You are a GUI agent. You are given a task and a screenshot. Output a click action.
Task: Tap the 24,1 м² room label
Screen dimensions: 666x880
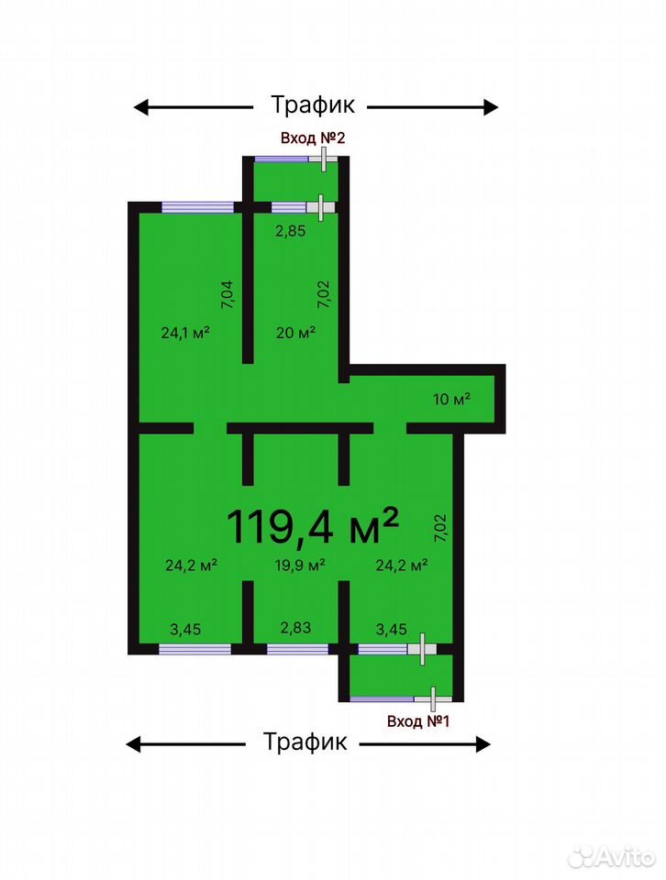click(x=185, y=333)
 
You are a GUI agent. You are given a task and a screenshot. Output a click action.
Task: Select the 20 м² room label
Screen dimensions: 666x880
click(x=296, y=333)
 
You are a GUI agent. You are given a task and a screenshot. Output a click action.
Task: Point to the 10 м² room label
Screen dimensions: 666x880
click(x=451, y=399)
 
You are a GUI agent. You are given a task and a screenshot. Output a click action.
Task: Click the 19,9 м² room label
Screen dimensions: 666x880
click(x=300, y=565)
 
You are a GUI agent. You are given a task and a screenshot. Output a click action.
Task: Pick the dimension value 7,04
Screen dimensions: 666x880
click(x=228, y=294)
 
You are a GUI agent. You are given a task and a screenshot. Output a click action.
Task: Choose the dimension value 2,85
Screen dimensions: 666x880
click(x=290, y=231)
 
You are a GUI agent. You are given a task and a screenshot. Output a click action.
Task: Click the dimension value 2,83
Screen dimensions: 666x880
click(x=295, y=627)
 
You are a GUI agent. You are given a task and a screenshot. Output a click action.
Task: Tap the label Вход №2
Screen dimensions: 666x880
click(x=312, y=138)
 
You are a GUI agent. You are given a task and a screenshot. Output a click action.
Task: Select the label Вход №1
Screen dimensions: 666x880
click(x=418, y=721)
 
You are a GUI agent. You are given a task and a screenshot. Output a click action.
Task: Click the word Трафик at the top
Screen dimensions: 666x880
click(x=313, y=104)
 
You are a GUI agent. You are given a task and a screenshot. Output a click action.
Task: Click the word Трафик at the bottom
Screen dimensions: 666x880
click(x=305, y=742)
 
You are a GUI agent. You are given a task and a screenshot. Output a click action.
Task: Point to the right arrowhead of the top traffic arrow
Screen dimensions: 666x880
click(x=491, y=106)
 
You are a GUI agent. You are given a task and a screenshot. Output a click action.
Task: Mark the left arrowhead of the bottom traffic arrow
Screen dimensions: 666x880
click(x=134, y=744)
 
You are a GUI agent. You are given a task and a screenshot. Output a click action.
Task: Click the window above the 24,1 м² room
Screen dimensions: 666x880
click(x=197, y=207)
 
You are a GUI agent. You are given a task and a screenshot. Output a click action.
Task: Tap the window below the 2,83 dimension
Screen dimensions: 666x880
click(x=297, y=649)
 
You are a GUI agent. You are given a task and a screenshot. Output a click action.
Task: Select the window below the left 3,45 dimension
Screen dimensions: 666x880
click(x=194, y=649)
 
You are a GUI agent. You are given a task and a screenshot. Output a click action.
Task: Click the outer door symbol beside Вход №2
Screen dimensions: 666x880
click(x=324, y=159)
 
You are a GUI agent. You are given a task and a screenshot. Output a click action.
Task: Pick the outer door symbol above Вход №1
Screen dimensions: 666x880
click(x=432, y=698)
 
